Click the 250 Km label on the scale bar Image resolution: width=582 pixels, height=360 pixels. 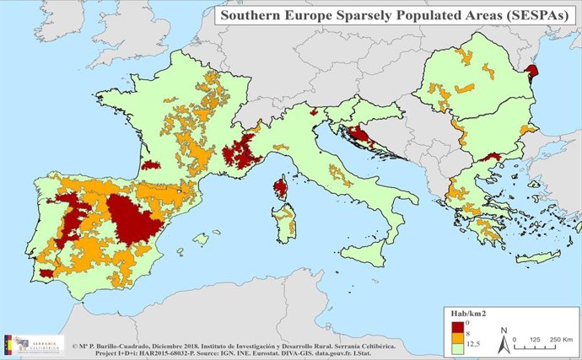[x=560, y=338]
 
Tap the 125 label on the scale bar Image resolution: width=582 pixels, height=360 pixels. [x=536, y=338]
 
